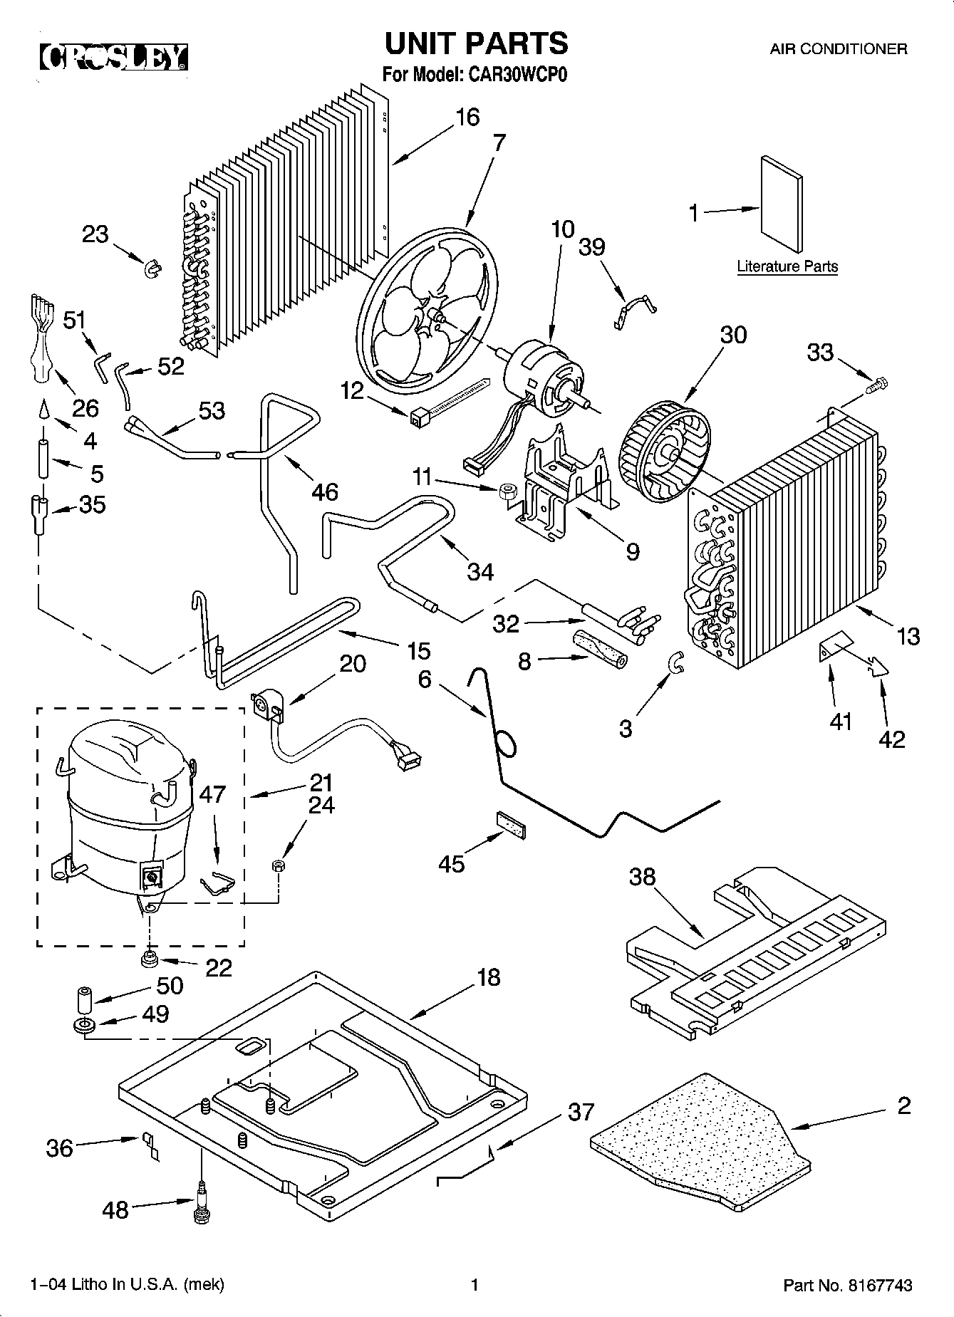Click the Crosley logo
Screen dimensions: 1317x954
[x=114, y=58]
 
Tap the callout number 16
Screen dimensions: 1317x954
[x=467, y=117]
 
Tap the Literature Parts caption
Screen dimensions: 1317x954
[x=787, y=267]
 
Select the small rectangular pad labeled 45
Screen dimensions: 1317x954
[x=512, y=823]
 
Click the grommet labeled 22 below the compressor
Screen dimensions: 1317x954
[x=150, y=960]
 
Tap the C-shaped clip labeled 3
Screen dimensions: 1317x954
[x=676, y=663]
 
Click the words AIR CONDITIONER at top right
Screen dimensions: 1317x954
[x=838, y=49]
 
